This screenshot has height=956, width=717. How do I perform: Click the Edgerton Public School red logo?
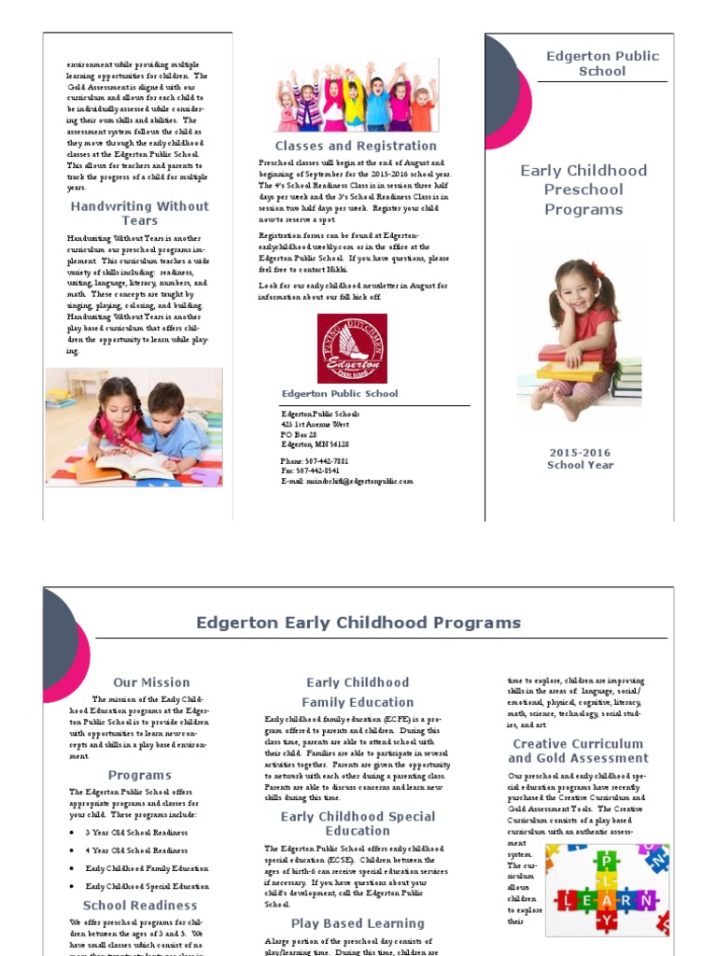pos(352,348)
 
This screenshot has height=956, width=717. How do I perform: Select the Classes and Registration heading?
pos(356,146)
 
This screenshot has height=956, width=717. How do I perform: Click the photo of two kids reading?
pos(134,427)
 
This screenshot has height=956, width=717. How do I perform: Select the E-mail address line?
pos(346,482)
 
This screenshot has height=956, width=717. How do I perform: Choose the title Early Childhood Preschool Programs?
pos(583,190)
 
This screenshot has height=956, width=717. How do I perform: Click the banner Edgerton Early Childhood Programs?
pos(358,623)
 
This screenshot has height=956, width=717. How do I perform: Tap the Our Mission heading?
pos(151,682)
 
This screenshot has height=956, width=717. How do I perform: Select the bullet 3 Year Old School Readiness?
pos(136,832)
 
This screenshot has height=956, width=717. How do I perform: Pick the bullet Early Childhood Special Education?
pos(147,886)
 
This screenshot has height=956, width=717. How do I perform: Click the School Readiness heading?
pos(140,905)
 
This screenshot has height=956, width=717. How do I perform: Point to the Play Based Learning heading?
pos(358,923)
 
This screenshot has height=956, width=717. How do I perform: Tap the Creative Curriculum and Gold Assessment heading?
pos(579,751)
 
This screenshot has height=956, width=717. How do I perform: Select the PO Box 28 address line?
pos(299,434)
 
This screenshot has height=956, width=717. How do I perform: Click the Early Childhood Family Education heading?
pos(358,692)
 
